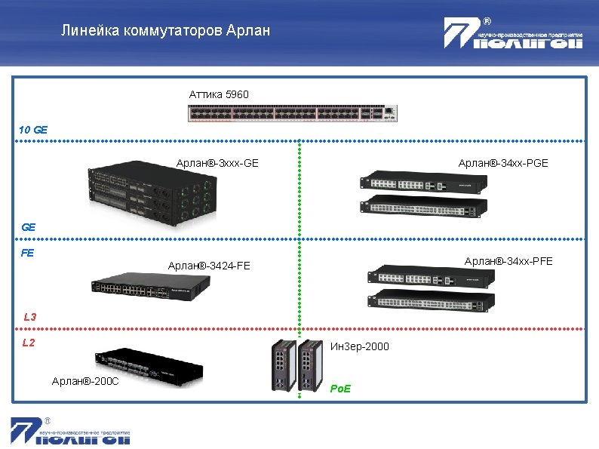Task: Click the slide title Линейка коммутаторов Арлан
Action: [165, 32]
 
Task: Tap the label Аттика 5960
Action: [219, 94]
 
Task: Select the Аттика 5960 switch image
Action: [292, 113]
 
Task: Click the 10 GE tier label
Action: [33, 130]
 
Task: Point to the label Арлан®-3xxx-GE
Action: [217, 163]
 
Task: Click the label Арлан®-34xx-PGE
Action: [503, 163]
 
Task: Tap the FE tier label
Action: [27, 254]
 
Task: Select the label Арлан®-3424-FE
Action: [209, 266]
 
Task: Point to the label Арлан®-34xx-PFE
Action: [508, 261]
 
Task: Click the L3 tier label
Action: [30, 317]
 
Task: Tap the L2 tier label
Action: [29, 343]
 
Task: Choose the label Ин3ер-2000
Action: [360, 347]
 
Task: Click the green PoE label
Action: [341, 389]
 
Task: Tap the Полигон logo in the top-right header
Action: [513, 34]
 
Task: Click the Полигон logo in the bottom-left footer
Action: [70, 431]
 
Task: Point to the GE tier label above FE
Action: [29, 226]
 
